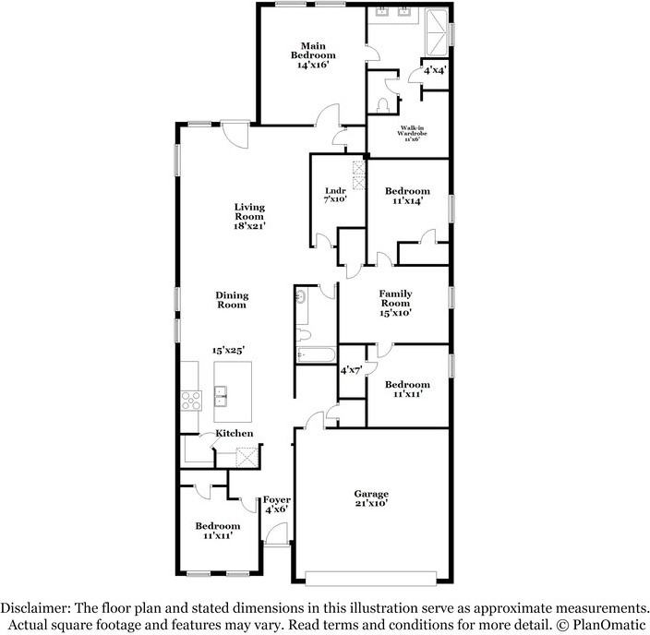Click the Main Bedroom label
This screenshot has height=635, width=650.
[x=310, y=49]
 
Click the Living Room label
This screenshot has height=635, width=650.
[x=249, y=211]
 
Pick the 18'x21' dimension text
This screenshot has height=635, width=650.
[x=249, y=225]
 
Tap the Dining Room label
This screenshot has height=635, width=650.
[x=232, y=300]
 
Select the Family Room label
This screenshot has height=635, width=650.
[x=395, y=298]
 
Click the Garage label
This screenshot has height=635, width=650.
[x=373, y=494]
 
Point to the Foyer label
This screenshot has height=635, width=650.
[x=277, y=499]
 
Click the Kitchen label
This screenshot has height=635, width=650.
[x=235, y=434]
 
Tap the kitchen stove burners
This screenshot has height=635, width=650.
[x=191, y=400]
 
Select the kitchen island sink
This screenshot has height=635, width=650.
[x=222, y=399]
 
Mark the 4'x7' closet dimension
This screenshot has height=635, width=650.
[x=351, y=370]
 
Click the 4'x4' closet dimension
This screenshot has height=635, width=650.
[x=435, y=70]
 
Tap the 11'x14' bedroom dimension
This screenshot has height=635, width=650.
[x=407, y=204]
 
